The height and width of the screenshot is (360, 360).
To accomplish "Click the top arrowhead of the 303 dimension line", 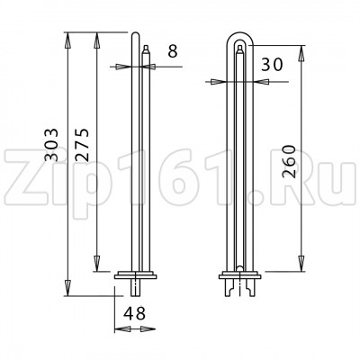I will [68, 38].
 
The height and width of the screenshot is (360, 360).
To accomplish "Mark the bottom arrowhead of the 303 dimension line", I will [68, 293].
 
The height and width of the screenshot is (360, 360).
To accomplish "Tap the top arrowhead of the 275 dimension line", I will [98, 38].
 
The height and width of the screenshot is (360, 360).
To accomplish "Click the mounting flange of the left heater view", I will [136, 273].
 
